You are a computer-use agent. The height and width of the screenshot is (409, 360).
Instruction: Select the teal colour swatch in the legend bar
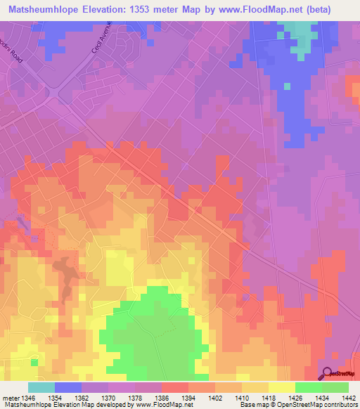point(41,387)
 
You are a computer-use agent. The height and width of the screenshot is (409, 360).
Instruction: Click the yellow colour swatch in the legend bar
point(282,387)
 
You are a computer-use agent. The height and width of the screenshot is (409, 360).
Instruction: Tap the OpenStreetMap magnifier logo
point(327,372)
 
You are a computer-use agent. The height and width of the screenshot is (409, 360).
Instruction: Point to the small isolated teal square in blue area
point(287,86)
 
